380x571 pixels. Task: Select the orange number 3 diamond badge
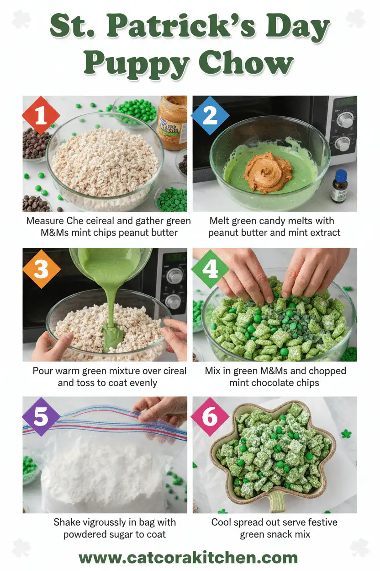[x=41, y=269]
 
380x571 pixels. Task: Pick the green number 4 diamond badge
[x=210, y=269]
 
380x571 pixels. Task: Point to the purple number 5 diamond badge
[x=41, y=417]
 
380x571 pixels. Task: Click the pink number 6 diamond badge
[x=210, y=417]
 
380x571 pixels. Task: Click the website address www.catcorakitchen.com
[x=188, y=558]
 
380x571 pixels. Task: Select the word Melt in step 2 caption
[x=220, y=221]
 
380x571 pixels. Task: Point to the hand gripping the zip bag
[x=162, y=407]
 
